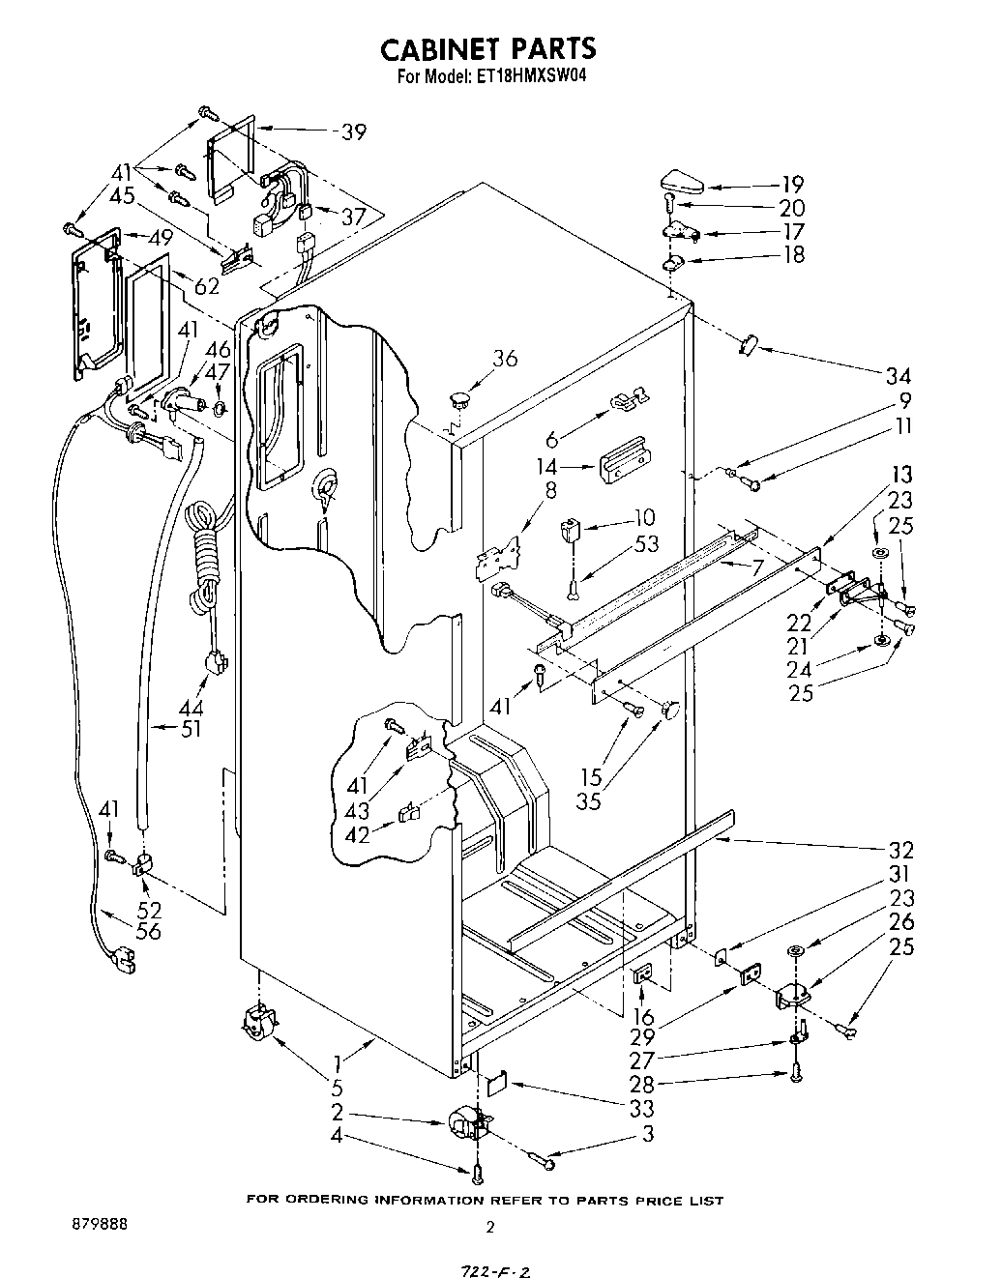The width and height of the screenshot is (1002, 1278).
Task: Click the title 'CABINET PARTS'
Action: [x=486, y=48]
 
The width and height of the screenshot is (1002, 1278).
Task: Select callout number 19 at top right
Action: [x=792, y=184]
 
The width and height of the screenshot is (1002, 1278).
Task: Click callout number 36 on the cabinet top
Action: [x=504, y=359]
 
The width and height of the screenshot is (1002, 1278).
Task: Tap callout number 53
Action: [x=646, y=544]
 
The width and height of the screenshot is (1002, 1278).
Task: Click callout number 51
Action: [x=192, y=730]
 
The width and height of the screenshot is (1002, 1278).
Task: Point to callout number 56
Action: [x=150, y=932]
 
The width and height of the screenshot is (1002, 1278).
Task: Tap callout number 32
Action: [x=900, y=850]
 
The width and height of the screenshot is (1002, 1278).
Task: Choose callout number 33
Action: [x=641, y=1109]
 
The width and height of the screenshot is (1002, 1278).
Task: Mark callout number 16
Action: [x=642, y=1017]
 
